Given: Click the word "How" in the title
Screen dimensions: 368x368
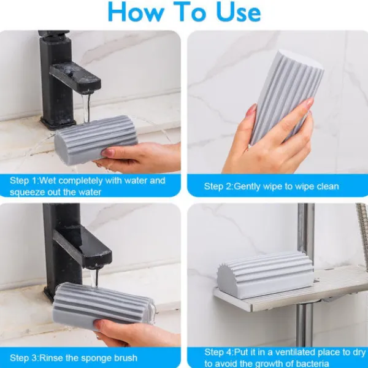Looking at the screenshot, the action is pos(136,12).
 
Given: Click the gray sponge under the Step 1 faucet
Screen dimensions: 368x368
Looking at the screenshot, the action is pos(96,139).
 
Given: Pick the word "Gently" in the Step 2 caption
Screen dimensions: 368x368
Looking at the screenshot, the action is pos(247,187).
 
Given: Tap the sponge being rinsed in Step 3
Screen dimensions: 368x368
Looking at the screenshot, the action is pos(102,305).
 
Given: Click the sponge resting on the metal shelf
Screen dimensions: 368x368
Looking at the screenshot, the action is pos(265,275).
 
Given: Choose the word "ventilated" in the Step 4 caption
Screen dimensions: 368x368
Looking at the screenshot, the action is pos(295,352).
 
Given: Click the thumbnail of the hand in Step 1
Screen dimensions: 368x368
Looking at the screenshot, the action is pos(108,153).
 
